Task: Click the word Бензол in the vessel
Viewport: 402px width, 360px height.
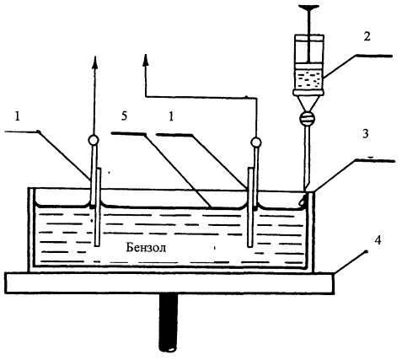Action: pos(146,248)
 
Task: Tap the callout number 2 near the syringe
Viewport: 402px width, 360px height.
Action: pos(367,37)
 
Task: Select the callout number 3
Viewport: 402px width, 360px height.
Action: pos(365,134)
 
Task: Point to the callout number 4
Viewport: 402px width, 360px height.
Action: pos(378,240)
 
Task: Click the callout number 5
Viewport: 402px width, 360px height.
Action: pos(125,116)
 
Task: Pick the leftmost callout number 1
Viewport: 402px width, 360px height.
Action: pos(18,116)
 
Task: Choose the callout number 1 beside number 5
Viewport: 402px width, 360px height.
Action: pos(171,116)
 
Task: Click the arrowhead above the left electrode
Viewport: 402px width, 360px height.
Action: pos(95,62)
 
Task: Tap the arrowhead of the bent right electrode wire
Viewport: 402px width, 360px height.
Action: pos(146,60)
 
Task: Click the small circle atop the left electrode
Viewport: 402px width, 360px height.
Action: pos(93,140)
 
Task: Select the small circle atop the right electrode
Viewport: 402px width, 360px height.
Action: pos(256,142)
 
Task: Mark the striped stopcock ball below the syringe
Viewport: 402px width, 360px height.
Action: pos(307,118)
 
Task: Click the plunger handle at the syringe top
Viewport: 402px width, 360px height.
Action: pos(308,8)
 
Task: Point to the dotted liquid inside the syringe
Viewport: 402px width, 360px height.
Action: pos(308,79)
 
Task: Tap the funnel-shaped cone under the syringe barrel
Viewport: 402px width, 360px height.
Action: pos(308,104)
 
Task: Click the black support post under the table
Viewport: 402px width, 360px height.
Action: pos(169,322)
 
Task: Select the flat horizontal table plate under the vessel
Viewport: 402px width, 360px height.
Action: pos(170,283)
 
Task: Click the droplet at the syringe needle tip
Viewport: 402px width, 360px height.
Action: pos(302,201)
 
